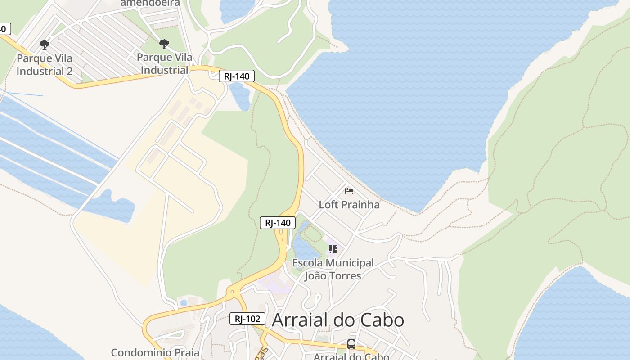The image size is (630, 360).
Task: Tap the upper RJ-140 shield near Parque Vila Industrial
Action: tap(237, 76)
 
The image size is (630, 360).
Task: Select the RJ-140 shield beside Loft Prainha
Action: tap(278, 222)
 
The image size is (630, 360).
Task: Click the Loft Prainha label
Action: tap(349, 205)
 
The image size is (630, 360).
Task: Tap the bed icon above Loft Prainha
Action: tap(349, 191)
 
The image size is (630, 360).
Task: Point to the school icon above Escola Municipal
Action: tap(333, 249)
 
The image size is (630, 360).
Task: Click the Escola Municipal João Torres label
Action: tap(333, 269)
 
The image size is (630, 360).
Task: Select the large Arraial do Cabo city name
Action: tap(338, 320)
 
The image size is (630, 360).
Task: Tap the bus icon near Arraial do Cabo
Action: tap(351, 344)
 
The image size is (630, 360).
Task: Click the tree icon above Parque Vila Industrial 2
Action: tap(44, 45)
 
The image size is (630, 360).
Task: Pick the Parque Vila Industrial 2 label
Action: tap(44, 65)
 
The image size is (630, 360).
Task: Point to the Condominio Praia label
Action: tap(155, 352)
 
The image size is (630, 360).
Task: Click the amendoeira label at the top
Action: tap(150, 3)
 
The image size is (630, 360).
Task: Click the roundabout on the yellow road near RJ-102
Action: tap(232, 292)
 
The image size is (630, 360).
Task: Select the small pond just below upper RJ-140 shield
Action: tap(240, 96)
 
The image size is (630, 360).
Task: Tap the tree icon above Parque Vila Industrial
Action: tap(164, 44)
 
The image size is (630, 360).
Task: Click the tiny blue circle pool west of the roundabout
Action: tap(183, 303)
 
